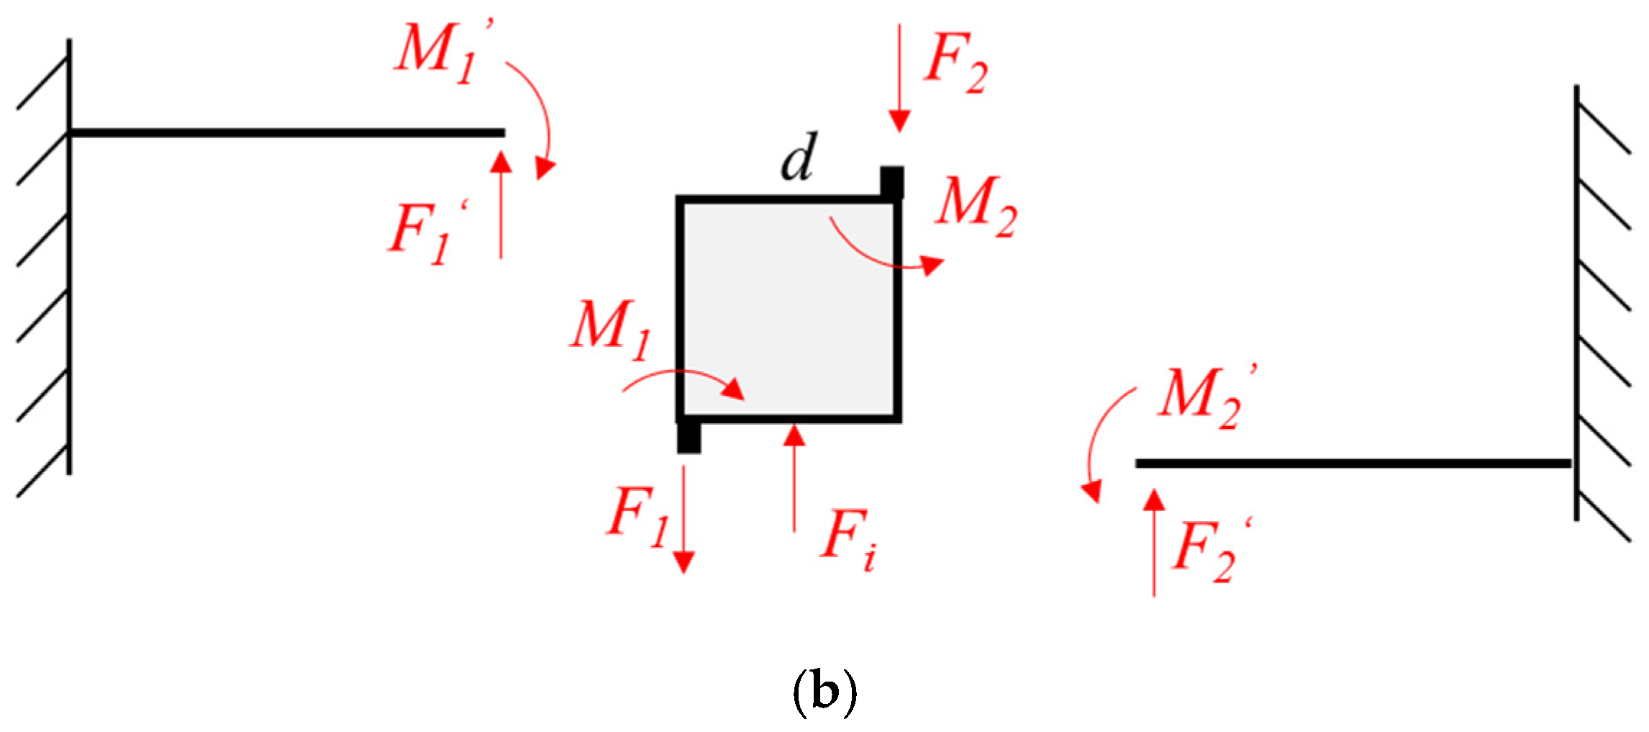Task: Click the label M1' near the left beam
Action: (442, 52)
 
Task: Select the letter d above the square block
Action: (799, 157)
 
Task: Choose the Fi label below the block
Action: (849, 540)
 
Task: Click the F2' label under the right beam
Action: (1213, 550)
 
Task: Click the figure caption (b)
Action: (824, 692)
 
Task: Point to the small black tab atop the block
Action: (892, 181)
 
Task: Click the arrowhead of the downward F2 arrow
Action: (899, 121)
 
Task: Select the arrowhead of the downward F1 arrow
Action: (683, 562)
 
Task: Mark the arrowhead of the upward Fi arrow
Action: (794, 435)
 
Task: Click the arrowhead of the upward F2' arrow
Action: (1154, 500)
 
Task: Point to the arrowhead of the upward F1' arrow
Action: (501, 161)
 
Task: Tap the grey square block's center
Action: (789, 309)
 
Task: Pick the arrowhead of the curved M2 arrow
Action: (932, 265)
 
